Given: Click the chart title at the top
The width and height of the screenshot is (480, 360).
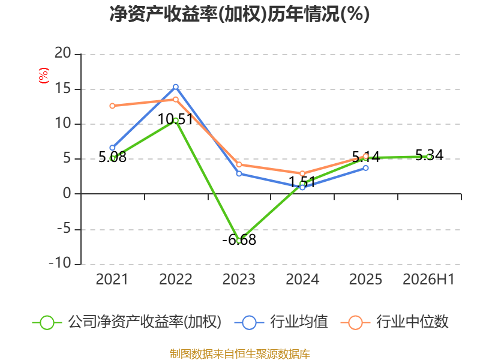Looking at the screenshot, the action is click(x=239, y=14).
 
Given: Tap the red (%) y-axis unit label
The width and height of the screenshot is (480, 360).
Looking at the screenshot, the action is click(x=43, y=76).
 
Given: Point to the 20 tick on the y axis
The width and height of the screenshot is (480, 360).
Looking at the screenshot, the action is click(x=63, y=53).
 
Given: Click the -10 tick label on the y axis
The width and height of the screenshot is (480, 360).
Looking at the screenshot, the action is click(x=60, y=263).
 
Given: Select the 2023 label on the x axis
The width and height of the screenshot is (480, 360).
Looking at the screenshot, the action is click(x=239, y=280).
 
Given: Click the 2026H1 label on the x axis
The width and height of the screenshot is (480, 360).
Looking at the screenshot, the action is click(x=428, y=280).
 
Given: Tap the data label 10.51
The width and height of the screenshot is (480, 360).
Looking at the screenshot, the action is click(x=175, y=119).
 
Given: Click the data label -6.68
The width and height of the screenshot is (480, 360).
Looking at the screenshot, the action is click(x=239, y=239).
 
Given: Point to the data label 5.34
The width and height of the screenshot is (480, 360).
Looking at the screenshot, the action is click(x=429, y=155).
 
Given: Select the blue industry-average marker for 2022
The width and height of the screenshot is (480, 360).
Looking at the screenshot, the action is click(x=176, y=87).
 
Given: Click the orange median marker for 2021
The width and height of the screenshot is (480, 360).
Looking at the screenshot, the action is click(x=112, y=106).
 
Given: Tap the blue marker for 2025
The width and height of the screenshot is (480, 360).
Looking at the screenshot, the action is click(x=366, y=168).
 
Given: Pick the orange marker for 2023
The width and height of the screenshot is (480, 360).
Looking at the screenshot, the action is click(x=239, y=164).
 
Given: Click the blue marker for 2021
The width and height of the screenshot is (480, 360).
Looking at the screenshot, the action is click(x=112, y=148).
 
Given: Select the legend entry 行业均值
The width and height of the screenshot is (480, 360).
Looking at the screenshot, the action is click(x=281, y=322).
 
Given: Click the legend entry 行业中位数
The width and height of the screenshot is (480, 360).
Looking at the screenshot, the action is click(x=394, y=322).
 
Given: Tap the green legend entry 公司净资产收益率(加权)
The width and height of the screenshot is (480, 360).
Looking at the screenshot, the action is click(x=127, y=322).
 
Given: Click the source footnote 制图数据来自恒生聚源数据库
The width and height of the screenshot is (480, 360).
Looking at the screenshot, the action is click(x=239, y=354).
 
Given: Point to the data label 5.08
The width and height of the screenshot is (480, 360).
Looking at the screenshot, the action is click(x=112, y=157).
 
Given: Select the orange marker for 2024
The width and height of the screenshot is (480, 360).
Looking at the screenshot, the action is click(x=302, y=173).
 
